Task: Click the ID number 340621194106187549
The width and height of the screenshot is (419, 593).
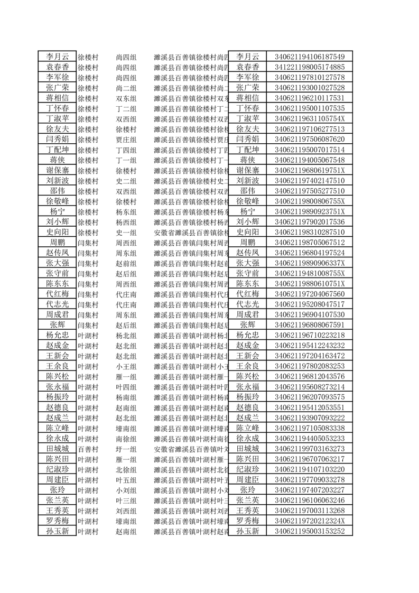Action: click(x=310, y=57)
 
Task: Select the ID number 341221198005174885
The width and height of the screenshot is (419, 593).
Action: click(x=310, y=67)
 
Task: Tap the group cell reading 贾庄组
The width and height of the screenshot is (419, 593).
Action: click(x=126, y=139)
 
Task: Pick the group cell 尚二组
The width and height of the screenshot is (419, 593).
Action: click(x=126, y=88)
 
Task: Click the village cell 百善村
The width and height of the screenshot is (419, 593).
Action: click(x=88, y=449)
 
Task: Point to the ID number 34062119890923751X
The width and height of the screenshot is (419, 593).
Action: click(x=310, y=211)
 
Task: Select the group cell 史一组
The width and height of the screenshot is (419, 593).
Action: click(x=126, y=232)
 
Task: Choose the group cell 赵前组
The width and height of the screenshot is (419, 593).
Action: click(x=126, y=263)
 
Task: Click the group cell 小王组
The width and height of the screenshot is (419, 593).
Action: click(x=126, y=366)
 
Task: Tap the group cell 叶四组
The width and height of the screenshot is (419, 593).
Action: click(x=126, y=387)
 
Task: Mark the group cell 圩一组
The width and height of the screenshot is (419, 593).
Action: click(x=126, y=449)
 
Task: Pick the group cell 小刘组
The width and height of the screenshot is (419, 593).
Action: click(x=126, y=490)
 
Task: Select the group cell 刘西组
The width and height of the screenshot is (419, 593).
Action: click(x=126, y=511)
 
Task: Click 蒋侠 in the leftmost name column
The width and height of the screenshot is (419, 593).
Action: click(x=57, y=160)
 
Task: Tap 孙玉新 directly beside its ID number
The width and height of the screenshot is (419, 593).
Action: click(x=248, y=531)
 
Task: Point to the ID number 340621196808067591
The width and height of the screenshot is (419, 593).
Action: click(x=310, y=325)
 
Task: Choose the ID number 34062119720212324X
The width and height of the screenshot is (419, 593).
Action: click(x=310, y=521)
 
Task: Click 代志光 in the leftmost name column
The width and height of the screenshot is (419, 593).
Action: click(x=57, y=304)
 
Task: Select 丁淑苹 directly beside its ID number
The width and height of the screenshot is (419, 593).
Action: click(x=248, y=118)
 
